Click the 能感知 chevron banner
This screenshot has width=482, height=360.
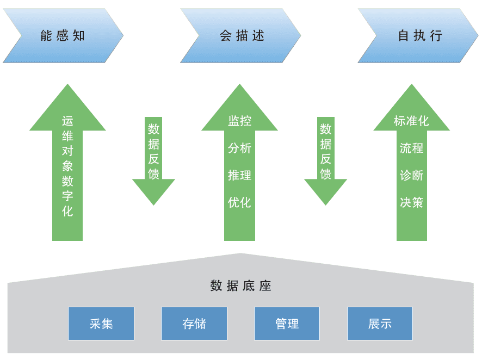(x=63, y=36)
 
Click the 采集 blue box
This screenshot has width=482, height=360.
(x=101, y=324)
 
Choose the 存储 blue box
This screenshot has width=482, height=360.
(x=194, y=324)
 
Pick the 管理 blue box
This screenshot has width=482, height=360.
(x=287, y=324)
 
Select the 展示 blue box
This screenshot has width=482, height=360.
(x=380, y=324)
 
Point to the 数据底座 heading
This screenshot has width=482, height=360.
(x=240, y=286)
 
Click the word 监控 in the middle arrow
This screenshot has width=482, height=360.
(x=239, y=121)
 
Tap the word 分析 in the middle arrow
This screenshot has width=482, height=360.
(x=239, y=148)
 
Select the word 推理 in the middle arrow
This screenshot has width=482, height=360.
(x=239, y=175)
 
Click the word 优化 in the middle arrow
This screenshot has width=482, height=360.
(x=239, y=202)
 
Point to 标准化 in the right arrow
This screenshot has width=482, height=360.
(x=411, y=121)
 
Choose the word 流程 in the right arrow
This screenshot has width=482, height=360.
(x=411, y=148)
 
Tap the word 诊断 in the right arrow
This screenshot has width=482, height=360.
(x=411, y=175)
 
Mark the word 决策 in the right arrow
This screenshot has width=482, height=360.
(x=411, y=202)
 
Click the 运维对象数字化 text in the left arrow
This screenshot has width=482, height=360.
(x=67, y=166)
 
